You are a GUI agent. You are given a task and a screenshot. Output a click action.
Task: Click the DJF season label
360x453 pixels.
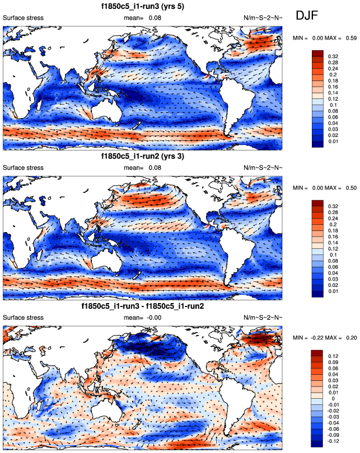(x=307, y=16)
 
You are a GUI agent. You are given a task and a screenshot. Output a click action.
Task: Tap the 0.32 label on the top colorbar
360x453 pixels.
(x=333, y=56)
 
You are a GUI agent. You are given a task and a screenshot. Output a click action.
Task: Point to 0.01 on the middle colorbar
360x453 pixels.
(x=333, y=292)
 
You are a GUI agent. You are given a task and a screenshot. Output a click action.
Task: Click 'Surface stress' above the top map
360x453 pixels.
(x=23, y=18)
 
